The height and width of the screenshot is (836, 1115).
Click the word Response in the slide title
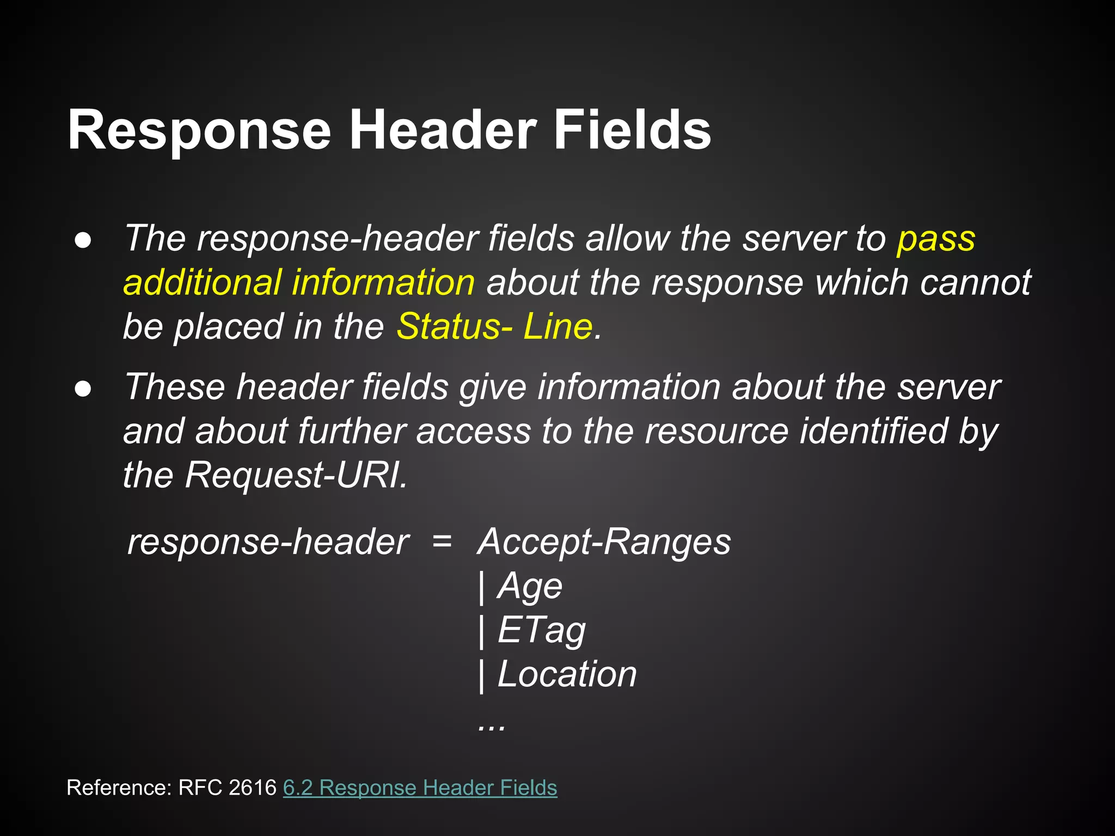(199, 131)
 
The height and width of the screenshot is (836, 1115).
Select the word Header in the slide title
(443, 131)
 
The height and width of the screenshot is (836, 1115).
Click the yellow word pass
(936, 239)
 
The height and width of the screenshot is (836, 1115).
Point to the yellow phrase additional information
(299, 283)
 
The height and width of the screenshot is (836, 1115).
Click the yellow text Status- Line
(494, 327)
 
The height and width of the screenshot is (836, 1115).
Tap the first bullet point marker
(83, 241)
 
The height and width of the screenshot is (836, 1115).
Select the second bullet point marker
(83, 389)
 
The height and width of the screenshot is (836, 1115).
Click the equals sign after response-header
(442, 542)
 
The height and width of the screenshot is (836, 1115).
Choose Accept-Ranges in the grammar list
(604, 542)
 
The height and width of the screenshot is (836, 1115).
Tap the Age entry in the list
(530, 586)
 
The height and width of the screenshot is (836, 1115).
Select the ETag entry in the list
(541, 630)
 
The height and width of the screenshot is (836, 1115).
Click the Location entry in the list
(567, 674)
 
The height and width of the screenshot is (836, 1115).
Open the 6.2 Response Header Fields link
(420, 788)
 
